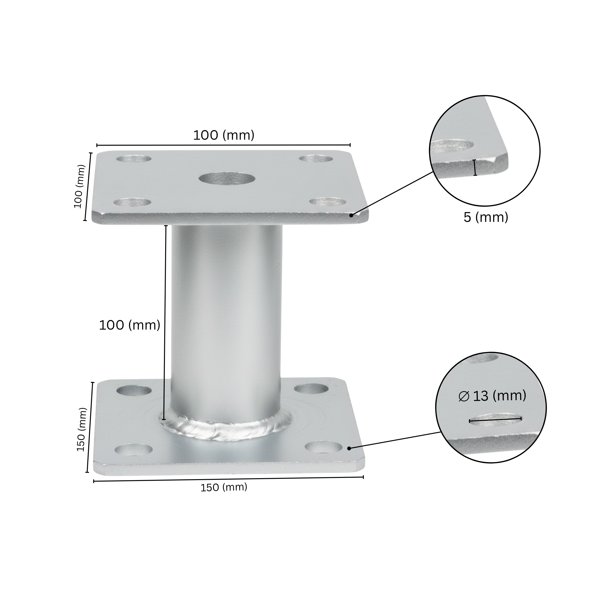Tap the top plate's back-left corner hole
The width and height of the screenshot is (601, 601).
(134, 159)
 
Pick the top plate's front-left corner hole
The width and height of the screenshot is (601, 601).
(132, 202)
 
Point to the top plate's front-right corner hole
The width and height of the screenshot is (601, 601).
(328, 202)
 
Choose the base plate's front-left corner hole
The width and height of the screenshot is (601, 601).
(134, 450)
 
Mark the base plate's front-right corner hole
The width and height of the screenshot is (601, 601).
(324, 447)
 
